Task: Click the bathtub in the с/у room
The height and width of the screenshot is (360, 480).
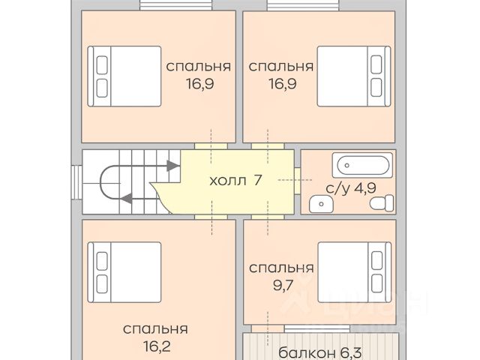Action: [x=362, y=165]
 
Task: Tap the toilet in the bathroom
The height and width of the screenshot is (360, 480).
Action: [x=382, y=203]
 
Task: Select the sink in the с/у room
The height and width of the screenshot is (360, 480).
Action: [x=321, y=204]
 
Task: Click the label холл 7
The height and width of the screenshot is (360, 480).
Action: [x=235, y=180]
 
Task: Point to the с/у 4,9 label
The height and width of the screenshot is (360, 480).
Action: [x=351, y=188]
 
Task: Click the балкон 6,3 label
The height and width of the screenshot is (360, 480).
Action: [x=320, y=352]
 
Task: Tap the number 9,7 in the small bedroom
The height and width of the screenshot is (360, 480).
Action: [x=283, y=285]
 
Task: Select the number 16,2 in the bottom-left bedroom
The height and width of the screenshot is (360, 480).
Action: [x=157, y=346]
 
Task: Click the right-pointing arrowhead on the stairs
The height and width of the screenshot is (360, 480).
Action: [x=173, y=166]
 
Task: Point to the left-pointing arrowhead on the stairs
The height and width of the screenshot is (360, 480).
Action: [x=126, y=198]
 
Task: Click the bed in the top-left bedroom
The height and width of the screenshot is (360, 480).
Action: [x=124, y=76]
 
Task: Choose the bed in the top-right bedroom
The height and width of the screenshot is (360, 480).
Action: [x=354, y=76]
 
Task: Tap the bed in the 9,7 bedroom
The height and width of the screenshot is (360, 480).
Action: [x=355, y=272]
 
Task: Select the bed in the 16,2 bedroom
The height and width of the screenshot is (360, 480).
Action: [x=124, y=272]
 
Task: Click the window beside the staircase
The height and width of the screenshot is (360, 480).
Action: [x=76, y=182]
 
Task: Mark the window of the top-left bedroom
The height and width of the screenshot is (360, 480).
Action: [x=176, y=5]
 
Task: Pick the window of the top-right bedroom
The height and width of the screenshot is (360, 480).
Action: [x=303, y=5]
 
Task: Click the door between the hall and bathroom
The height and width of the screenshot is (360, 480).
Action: [x=297, y=181]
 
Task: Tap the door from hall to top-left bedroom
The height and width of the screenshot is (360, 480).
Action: [x=211, y=146]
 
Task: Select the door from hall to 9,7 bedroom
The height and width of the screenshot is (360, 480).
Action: [x=268, y=217]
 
